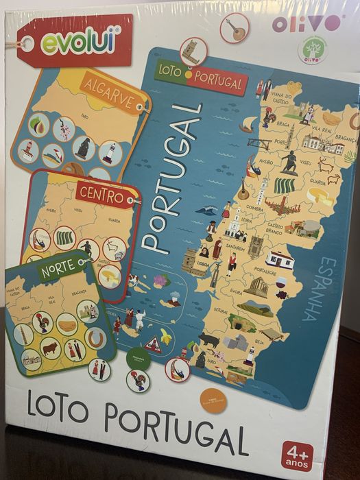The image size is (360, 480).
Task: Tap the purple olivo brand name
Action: click(306, 23)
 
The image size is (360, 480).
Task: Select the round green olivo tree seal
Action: click(313, 51)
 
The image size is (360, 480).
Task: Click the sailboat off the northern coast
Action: click(248, 124)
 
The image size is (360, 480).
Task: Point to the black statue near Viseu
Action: click(289, 162)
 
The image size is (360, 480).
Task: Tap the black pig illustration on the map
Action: click(209, 339)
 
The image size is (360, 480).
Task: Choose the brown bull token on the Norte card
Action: click(51, 348)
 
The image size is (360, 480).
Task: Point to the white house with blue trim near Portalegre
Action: click(280, 259)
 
